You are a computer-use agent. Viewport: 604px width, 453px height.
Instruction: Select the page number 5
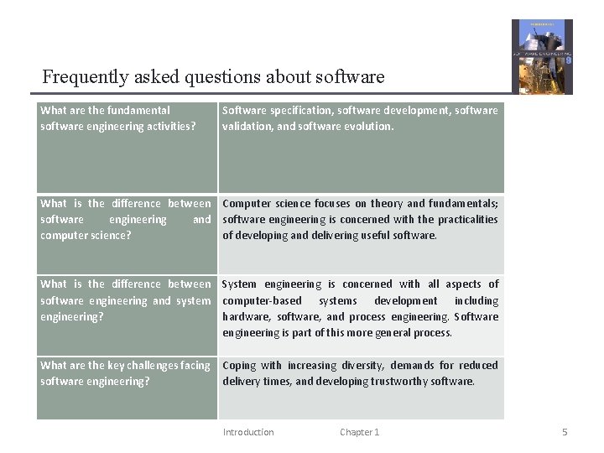click(565, 432)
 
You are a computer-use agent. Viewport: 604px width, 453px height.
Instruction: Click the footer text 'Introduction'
click(248, 432)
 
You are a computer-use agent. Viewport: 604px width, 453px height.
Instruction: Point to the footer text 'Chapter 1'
click(359, 432)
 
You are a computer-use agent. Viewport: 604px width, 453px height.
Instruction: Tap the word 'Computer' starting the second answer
click(247, 204)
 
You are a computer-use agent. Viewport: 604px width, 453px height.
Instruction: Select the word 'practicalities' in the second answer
click(464, 220)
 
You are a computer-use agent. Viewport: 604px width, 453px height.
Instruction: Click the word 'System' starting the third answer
click(240, 284)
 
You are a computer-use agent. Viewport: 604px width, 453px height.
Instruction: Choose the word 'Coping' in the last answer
click(239, 366)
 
